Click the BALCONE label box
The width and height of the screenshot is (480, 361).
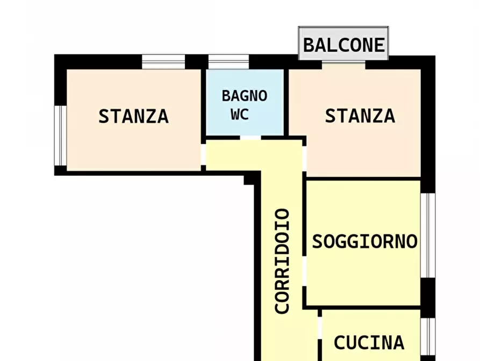pos(343,44)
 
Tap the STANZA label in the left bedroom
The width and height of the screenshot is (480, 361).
pos(133,116)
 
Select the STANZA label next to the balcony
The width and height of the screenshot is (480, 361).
pos(360,116)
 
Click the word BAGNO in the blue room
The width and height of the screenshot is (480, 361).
pos(245,96)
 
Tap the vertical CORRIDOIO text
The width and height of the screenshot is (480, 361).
pos(282,261)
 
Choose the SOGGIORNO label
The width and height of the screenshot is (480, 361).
pos(364,241)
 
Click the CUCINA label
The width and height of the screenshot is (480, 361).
pos(369,342)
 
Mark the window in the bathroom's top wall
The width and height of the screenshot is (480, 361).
pos(228,61)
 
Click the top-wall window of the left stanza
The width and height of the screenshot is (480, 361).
pos(163,61)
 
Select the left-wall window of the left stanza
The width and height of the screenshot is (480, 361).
pos(60,135)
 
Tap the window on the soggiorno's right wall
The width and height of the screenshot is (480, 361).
pos(427,235)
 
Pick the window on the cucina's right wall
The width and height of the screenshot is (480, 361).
pos(427,336)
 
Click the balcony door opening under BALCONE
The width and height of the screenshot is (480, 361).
pos(343,64)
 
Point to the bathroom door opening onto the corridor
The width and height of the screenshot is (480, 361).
pos(249,138)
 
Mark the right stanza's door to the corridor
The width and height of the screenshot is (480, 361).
pos(304,158)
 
